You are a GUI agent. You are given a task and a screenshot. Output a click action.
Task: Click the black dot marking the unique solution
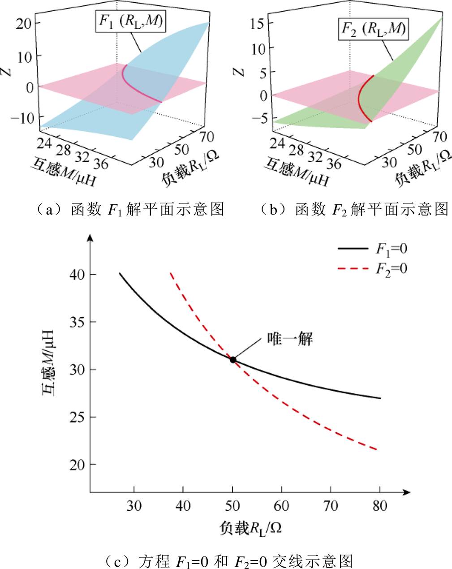click(233, 359)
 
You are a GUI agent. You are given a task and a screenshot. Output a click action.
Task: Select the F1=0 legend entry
click(372, 249)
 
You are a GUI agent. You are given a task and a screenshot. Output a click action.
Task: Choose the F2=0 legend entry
click(372, 268)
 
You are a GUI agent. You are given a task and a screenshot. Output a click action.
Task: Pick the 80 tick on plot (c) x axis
click(379, 506)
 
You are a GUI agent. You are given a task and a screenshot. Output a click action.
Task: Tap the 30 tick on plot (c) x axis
click(133, 506)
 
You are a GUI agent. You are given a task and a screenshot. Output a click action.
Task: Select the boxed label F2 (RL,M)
click(373, 30)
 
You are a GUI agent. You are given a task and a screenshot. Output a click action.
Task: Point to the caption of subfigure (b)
click(354, 209)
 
